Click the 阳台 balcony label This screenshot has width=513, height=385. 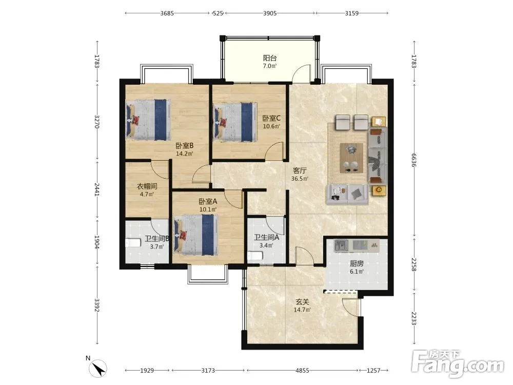[270, 58]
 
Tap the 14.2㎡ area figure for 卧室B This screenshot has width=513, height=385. [185, 153]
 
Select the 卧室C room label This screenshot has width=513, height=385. [271, 118]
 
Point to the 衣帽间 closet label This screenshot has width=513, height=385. [147, 186]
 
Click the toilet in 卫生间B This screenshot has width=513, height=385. [133, 243]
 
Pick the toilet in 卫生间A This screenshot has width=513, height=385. [255, 255]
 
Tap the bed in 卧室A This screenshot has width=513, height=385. [196, 235]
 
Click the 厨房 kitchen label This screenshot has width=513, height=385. [357, 263]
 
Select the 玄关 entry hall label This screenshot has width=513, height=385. [302, 301]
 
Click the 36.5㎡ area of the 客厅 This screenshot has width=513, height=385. [300, 179]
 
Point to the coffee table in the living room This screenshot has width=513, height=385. [351, 158]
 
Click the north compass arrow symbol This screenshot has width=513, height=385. [98, 369]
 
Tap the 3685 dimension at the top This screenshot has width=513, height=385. [167, 13]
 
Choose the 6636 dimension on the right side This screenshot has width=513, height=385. [414, 160]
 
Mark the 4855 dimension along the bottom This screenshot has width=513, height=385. [302, 370]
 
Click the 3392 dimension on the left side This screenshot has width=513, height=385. [97, 305]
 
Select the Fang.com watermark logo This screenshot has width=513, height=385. [458, 363]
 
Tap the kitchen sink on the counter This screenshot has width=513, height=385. [341, 245]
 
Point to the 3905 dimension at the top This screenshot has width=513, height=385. [270, 13]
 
